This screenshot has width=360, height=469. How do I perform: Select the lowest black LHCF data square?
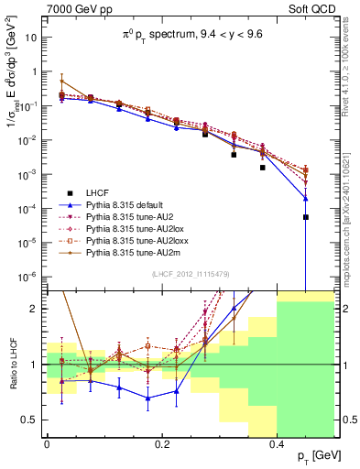coord(306,217)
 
